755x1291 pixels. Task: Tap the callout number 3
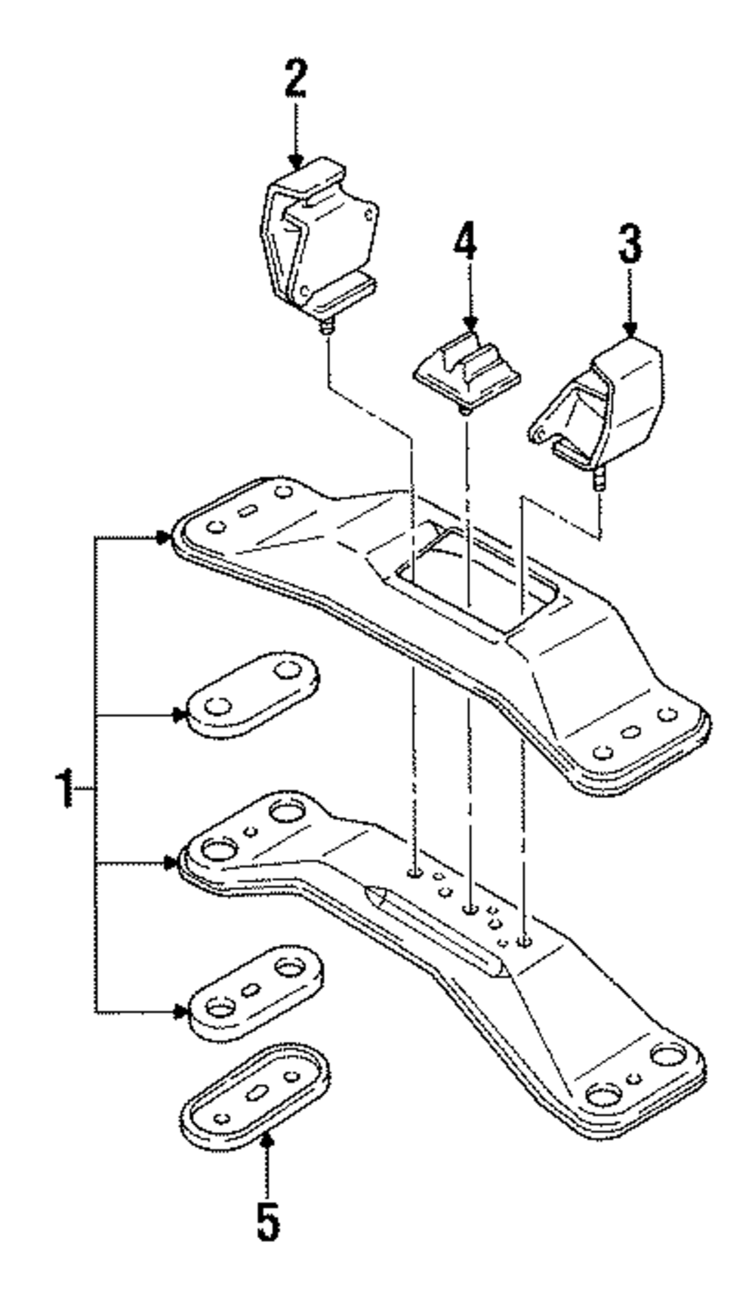pos(630,244)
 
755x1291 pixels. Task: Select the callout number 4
pos(466,242)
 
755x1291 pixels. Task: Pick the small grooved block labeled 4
pos(467,368)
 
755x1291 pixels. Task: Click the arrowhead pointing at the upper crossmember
pos(166,537)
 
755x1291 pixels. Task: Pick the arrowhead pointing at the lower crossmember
pos(171,863)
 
